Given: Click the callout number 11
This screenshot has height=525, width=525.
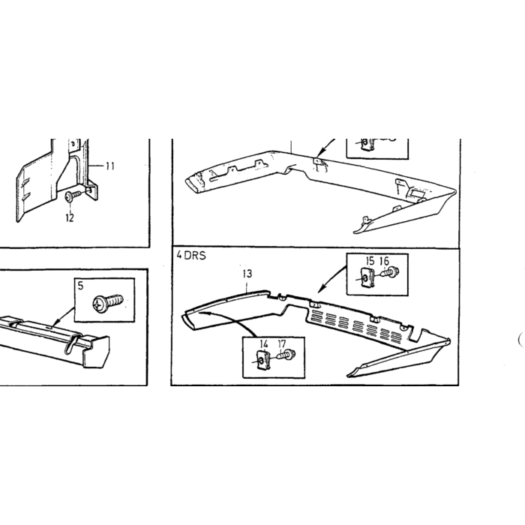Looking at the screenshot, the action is (x=110, y=166).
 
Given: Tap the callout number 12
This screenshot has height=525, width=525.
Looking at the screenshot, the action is (x=70, y=218).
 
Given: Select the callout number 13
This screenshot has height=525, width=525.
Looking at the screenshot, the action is (x=247, y=274).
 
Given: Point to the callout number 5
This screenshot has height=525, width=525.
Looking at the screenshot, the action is (x=80, y=286).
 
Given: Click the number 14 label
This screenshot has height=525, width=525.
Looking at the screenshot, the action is (x=264, y=343).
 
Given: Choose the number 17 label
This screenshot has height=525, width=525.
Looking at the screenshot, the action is (x=282, y=343).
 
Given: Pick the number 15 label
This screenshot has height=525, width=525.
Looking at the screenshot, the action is (x=370, y=261).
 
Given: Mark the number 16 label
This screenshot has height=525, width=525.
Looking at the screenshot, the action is (x=385, y=261).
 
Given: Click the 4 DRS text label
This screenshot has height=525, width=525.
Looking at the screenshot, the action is (x=191, y=256).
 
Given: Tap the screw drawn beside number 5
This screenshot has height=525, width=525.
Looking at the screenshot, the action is (x=108, y=301).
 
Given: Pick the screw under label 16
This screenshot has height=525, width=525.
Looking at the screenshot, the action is (x=389, y=271).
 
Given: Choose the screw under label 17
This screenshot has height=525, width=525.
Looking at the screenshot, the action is (x=286, y=355).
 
